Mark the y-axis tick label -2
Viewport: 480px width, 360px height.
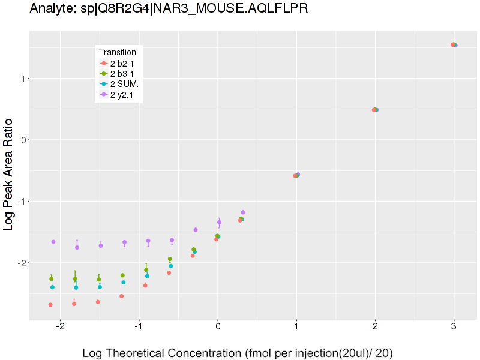tap(22, 263)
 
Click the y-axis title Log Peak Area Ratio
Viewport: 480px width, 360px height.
tap(10, 175)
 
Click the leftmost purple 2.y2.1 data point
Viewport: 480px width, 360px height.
tap(53, 242)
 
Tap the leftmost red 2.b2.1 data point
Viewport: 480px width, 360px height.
tap(50, 305)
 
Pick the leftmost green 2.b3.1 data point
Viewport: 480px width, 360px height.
tap(52, 279)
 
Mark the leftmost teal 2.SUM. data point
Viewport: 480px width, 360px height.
tap(52, 287)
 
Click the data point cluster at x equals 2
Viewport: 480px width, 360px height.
tap(375, 110)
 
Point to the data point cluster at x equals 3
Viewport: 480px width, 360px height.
tap(454, 45)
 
